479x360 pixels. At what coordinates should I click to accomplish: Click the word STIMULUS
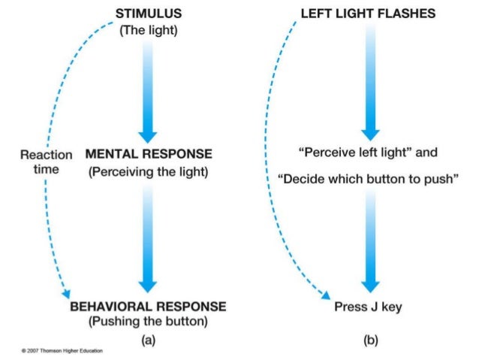(148, 14)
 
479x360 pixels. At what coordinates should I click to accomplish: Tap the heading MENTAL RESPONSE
(149, 154)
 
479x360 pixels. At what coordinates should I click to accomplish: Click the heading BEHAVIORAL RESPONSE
(148, 307)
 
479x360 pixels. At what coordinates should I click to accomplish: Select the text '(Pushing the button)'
(148, 322)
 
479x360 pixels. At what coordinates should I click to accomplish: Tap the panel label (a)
(148, 340)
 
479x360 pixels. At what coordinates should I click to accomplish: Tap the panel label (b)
(371, 340)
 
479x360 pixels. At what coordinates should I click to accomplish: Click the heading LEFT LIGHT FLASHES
(367, 14)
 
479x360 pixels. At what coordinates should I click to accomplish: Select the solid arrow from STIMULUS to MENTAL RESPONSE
(148, 90)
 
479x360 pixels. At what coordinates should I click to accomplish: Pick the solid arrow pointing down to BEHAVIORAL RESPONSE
(148, 241)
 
